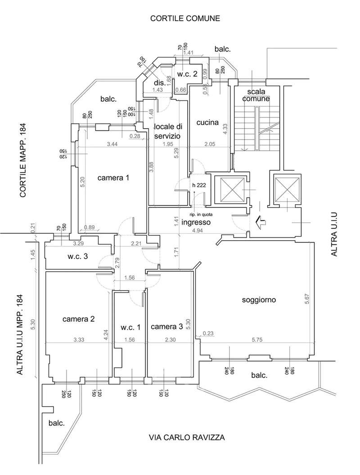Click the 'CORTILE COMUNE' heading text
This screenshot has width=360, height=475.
[185, 19]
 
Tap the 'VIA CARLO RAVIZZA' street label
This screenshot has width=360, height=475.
[187, 437]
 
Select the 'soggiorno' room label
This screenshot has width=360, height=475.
[258, 300]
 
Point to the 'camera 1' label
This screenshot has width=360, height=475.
[113, 178]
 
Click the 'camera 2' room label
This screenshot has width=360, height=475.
[78, 319]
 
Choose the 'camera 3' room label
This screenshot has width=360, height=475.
[166, 327]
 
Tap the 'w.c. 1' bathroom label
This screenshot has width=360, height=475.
[130, 327]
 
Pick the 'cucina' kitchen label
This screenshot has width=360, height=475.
[207, 122]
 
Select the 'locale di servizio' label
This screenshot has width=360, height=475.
[167, 130]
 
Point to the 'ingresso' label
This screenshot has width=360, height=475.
[196, 222]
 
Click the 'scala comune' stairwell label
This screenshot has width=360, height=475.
[255, 94]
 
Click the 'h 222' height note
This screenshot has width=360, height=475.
[199, 185]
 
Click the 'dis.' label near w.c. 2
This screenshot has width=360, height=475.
[159, 83]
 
